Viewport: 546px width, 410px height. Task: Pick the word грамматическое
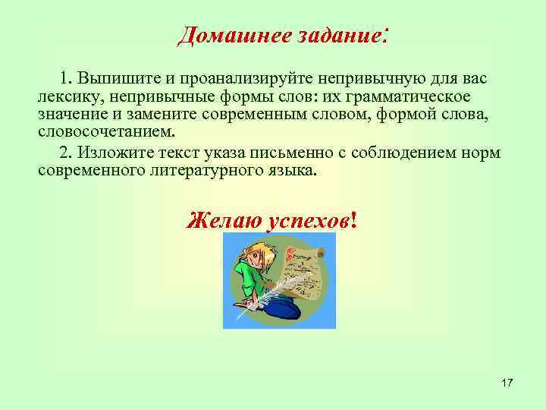tap(406, 97)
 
